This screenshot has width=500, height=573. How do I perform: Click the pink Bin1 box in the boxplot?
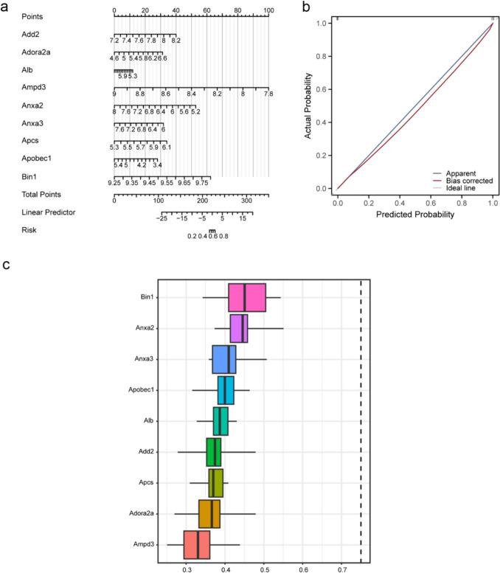point(246,297)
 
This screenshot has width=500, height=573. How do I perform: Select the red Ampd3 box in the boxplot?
point(197,544)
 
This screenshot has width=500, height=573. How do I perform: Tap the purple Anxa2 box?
point(239,328)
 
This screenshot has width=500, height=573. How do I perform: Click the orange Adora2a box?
point(209,513)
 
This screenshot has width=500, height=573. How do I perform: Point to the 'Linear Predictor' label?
point(48,212)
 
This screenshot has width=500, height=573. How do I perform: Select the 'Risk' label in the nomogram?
point(30,229)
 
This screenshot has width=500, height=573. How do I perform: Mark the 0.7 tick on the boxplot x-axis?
point(341,569)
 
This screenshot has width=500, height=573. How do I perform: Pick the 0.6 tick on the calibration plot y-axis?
point(320,89)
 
